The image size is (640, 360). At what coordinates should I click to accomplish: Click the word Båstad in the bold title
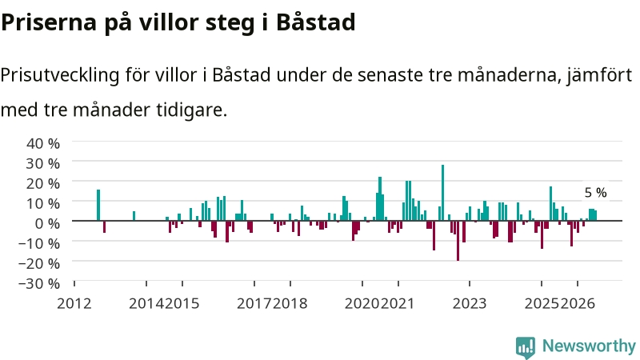(x=315, y=22)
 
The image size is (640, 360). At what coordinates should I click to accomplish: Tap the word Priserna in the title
(x=49, y=22)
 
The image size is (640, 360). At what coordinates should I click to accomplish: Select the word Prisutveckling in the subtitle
(x=60, y=75)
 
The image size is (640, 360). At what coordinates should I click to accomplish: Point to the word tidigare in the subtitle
(x=191, y=110)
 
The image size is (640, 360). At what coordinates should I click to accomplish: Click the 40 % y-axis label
(x=43, y=143)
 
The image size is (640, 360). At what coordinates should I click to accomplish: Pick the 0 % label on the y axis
(x=47, y=223)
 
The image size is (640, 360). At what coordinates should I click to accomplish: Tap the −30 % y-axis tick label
(x=39, y=283)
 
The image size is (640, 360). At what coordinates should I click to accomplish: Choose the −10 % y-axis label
(x=39, y=243)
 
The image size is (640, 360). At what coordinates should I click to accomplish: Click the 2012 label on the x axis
(x=74, y=304)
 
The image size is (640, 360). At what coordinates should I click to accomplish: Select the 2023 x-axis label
(x=470, y=304)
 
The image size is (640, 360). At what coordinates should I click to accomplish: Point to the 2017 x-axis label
(x=254, y=304)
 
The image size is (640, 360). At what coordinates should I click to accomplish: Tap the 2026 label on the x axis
(x=578, y=304)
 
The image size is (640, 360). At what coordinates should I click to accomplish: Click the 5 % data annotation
(x=595, y=193)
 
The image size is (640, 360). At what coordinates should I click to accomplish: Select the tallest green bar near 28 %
(x=443, y=193)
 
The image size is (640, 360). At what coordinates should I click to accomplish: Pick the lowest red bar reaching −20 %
(x=458, y=241)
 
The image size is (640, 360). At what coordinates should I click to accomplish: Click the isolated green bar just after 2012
(x=98, y=206)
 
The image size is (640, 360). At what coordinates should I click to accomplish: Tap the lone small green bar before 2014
(x=134, y=216)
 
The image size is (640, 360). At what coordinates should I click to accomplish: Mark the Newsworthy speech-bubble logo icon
(x=526, y=347)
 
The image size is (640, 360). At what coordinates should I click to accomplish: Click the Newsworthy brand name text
(x=589, y=346)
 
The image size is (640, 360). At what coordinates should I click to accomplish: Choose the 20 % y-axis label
(x=43, y=183)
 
